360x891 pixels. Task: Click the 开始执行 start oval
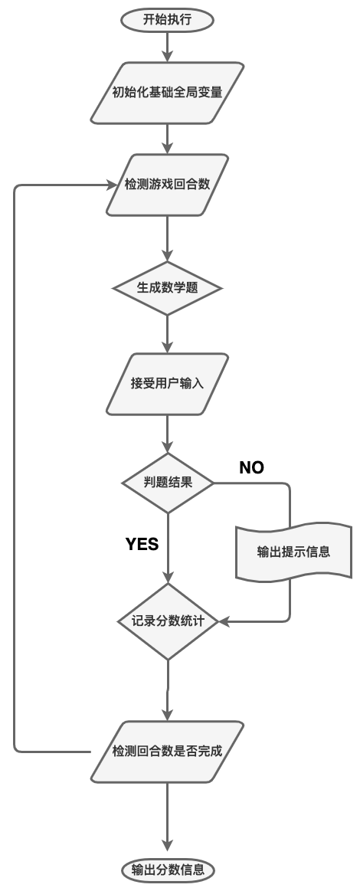pos(168,21)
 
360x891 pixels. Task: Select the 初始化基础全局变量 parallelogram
pos(168,93)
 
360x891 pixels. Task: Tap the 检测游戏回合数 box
pos(168,185)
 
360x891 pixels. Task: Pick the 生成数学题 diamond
pos(168,288)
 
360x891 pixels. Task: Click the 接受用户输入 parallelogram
pos(168,384)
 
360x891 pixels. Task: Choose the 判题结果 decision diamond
pos(168,483)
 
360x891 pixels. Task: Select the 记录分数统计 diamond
pos(168,621)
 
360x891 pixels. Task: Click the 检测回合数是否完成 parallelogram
pos(168,752)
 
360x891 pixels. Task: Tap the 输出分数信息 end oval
pos(168,870)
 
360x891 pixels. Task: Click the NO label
pos(251,467)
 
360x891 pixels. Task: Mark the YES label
pos(142,545)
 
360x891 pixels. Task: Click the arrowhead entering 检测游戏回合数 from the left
pos(112,185)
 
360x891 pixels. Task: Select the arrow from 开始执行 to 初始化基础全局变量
pos(168,47)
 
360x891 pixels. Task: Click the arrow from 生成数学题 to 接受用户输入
pos(168,334)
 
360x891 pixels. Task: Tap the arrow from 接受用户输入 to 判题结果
pos(168,434)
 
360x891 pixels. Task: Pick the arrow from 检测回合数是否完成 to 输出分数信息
pos(168,821)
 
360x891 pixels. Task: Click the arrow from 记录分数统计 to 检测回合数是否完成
pos(168,690)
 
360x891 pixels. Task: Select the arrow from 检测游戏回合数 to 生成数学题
pos(168,239)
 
